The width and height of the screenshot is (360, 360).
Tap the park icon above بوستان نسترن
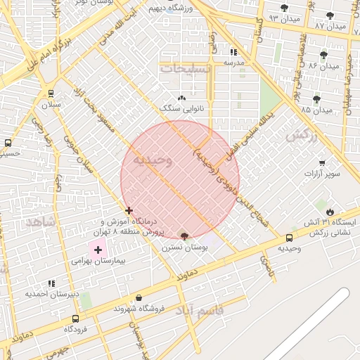pos(185,237)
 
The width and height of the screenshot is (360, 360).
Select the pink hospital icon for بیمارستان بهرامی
pos(98,250)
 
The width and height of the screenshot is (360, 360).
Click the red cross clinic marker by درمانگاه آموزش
pos(129,210)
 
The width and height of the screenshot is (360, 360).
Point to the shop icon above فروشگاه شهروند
pos(139,298)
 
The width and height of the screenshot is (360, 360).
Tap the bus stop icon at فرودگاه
pos(75,319)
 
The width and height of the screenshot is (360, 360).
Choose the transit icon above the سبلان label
pos(51,94)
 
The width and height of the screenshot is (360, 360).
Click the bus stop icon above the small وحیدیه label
pos(290,238)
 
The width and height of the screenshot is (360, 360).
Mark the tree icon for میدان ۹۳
pos(284,8)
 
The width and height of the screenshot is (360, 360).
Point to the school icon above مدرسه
pos(233,51)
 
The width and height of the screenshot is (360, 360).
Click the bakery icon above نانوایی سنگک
pos(182,98)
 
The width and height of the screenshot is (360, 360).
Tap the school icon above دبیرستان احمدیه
pos(32,284)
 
